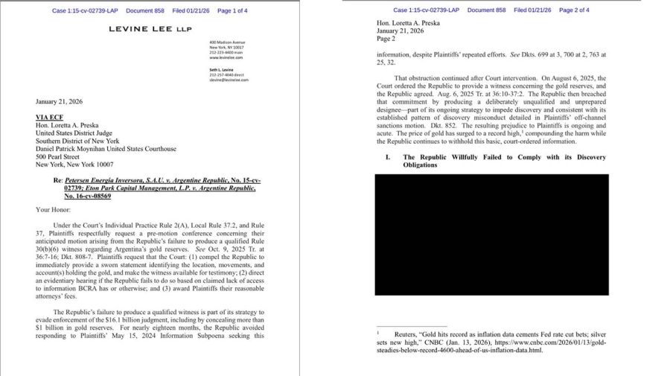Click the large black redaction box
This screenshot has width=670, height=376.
[x=491, y=235]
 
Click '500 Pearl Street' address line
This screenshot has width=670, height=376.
[x=57, y=157]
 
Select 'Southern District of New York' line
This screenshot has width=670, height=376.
[x=77, y=141]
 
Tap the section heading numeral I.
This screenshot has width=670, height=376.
[x=388, y=157]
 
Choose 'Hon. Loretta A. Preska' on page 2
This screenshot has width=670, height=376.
[x=408, y=23]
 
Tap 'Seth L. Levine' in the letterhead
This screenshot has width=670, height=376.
[x=221, y=70]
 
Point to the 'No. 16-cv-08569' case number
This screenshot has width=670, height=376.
[x=87, y=197]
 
